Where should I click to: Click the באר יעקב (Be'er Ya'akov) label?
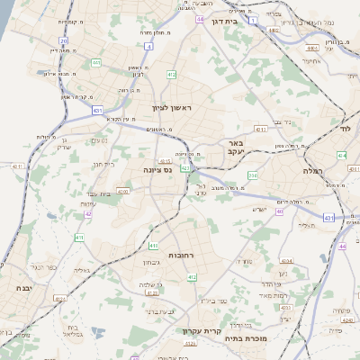(x=237, y=148)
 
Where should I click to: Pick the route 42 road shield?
(x=87, y=214)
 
